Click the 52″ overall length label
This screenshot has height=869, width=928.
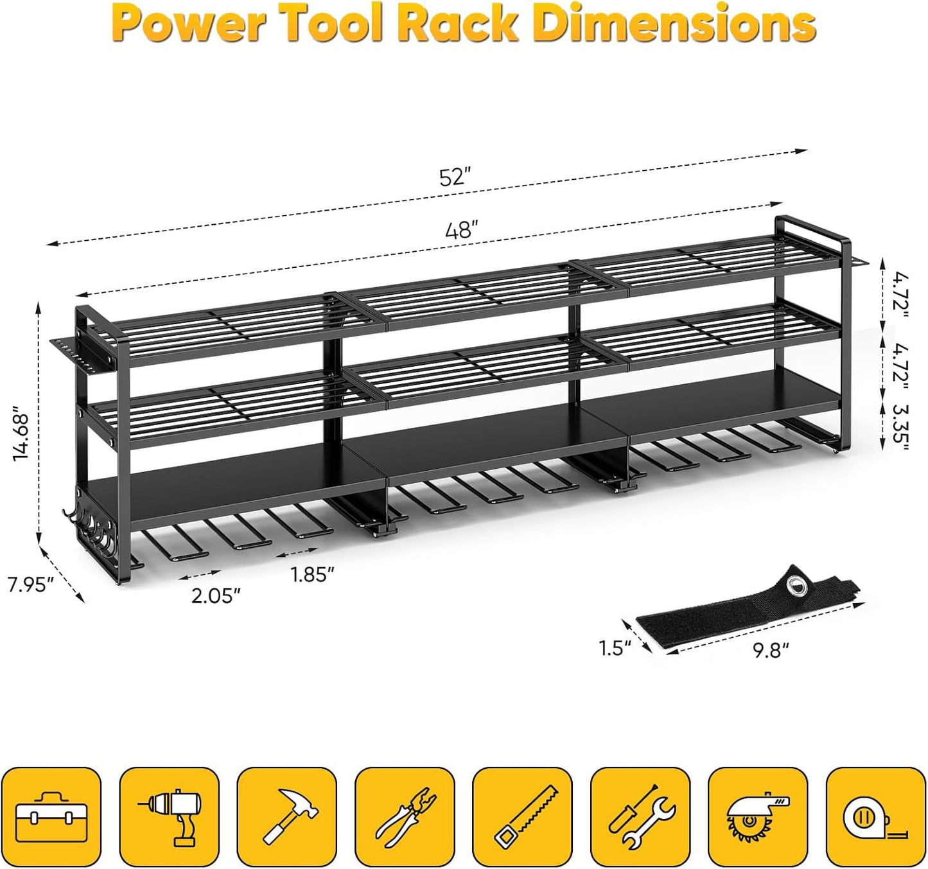[x=455, y=177]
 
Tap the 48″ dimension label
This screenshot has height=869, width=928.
[x=462, y=230]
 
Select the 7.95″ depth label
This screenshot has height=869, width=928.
[x=31, y=586]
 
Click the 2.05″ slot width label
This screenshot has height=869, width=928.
[x=216, y=596]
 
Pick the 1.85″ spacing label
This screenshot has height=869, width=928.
[x=312, y=574]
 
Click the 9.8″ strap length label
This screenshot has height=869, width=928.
[x=770, y=651]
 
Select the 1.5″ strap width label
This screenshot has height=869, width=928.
[x=616, y=648]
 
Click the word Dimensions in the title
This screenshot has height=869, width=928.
[x=674, y=24]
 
